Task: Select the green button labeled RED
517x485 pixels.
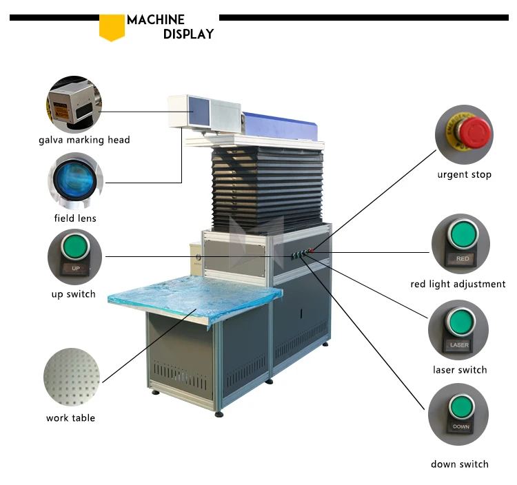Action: point(462,235)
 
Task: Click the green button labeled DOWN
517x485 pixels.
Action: point(460,406)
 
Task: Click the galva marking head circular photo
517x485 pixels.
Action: point(74,103)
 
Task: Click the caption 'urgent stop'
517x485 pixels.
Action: point(464,174)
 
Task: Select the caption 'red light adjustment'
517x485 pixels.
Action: point(458,284)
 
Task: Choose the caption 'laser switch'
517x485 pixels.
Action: point(459,370)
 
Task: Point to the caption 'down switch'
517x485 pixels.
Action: point(459,464)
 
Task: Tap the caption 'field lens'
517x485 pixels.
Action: point(75,218)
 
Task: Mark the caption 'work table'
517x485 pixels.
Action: point(70,417)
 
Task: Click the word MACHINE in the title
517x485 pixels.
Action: point(156,19)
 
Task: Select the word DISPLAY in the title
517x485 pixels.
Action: point(188,34)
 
